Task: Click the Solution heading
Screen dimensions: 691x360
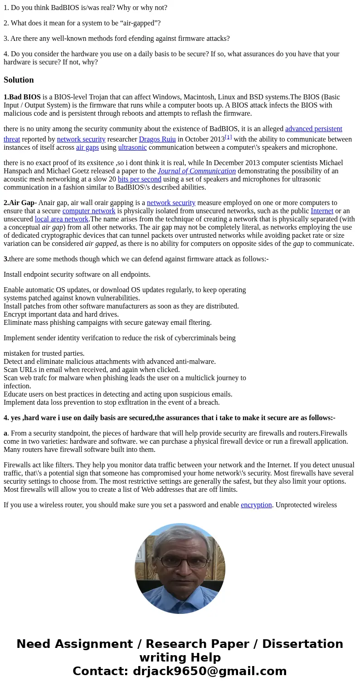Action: [19, 80]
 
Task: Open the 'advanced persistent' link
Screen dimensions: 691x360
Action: [313, 129]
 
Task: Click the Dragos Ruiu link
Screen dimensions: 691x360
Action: [157, 139]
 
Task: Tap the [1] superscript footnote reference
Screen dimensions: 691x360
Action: [228, 137]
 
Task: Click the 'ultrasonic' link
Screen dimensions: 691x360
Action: [132, 147]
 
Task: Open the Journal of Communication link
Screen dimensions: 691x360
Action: [196, 171]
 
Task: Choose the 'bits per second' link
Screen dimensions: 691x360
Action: [139, 179]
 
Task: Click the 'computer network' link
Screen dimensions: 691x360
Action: [89, 211]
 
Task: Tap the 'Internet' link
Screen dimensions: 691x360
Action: [322, 211]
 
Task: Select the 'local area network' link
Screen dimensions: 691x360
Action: [62, 219]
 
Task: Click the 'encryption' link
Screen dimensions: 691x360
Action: [256, 505]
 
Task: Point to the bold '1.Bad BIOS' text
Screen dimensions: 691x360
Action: [22, 97]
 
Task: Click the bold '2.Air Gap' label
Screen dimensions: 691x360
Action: [19, 203]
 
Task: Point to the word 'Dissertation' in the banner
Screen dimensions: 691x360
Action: [302, 644]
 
